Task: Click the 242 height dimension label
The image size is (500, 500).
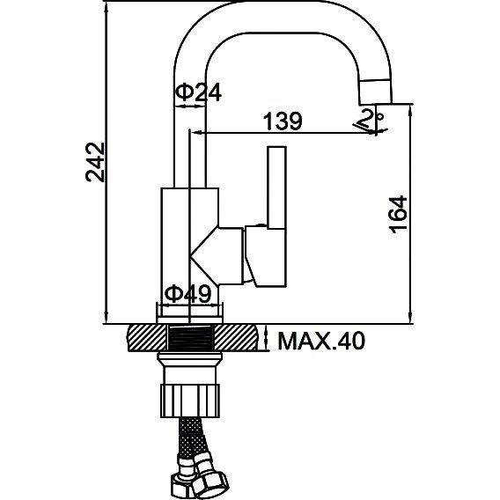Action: (x=95, y=162)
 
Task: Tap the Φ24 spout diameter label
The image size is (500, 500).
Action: (x=198, y=92)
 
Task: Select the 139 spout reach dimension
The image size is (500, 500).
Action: (x=283, y=121)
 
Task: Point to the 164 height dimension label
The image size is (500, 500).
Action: (x=398, y=215)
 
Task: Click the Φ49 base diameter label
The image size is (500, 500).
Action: (x=187, y=294)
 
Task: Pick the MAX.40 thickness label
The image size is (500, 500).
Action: (x=321, y=341)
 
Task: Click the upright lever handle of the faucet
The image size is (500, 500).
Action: (x=276, y=187)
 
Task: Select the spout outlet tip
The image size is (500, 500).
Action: (x=375, y=92)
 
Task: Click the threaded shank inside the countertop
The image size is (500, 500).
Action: (x=190, y=338)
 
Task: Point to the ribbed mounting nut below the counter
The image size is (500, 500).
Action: (x=190, y=401)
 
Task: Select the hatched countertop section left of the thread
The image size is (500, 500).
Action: (x=147, y=338)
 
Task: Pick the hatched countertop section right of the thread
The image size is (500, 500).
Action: (x=236, y=338)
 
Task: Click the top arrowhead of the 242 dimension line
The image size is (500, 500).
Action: (x=107, y=7)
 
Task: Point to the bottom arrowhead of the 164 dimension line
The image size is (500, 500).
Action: (x=411, y=318)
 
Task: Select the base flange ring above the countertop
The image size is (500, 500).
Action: (x=190, y=320)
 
